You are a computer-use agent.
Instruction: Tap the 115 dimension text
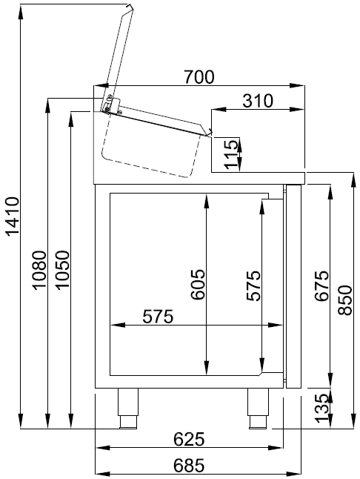[x=231, y=153]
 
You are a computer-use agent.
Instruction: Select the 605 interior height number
[x=196, y=285]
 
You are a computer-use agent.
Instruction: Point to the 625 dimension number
[x=188, y=439]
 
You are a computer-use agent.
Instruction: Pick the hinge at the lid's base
[x=109, y=105]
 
